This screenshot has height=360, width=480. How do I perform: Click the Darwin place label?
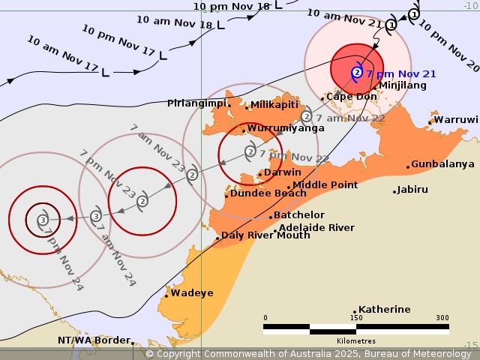tap(283, 172)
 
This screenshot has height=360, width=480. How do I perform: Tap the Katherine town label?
tap(384, 309)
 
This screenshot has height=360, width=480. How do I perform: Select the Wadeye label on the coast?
tap(191, 293)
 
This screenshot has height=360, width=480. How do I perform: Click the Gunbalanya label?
tap(442, 163)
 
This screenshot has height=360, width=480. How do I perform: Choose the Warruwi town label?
tap(456, 119)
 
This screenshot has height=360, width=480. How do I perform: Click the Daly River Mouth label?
tap(265, 235)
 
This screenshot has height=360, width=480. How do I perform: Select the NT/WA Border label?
tap(94, 340)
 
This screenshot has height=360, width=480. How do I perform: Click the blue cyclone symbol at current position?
tap(357, 72)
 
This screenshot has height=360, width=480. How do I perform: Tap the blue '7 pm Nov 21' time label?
tap(401, 73)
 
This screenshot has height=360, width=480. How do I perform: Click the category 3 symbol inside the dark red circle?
tap(43, 220)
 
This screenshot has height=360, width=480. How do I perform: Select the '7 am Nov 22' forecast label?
tap(350, 118)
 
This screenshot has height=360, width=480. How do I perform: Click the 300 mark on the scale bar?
tap(442, 318)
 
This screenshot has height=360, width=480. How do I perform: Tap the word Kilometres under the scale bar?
tap(356, 340)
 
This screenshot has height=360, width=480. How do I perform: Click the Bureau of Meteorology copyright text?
tap(308, 353)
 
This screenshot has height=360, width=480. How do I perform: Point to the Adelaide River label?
tap(316, 227)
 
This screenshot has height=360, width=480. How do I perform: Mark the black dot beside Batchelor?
tap(271, 217)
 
